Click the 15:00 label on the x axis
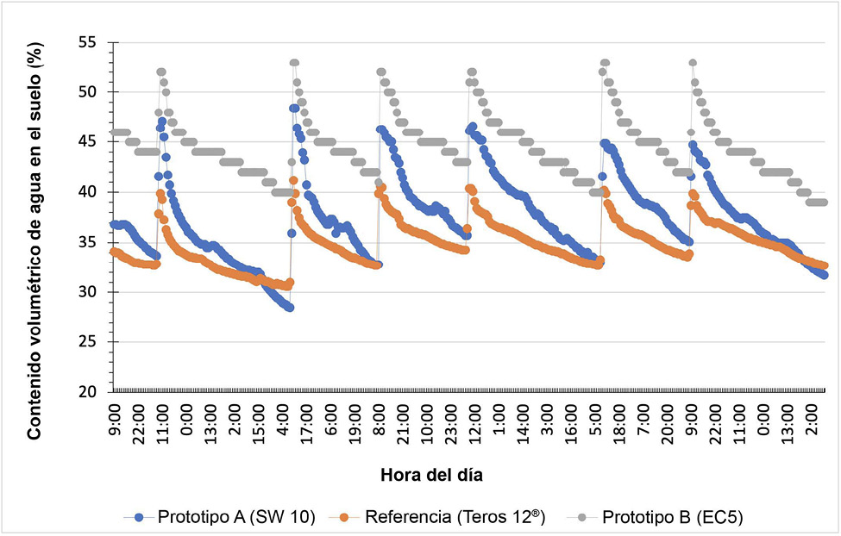click(x=260, y=421)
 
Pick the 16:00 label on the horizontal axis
click(x=571, y=421)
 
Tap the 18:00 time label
click(x=619, y=421)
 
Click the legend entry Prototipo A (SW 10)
click(x=219, y=517)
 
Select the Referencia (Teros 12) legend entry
click(x=445, y=517)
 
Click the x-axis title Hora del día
click(x=438, y=475)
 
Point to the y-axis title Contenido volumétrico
click(x=35, y=243)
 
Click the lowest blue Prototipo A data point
click(x=290, y=308)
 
